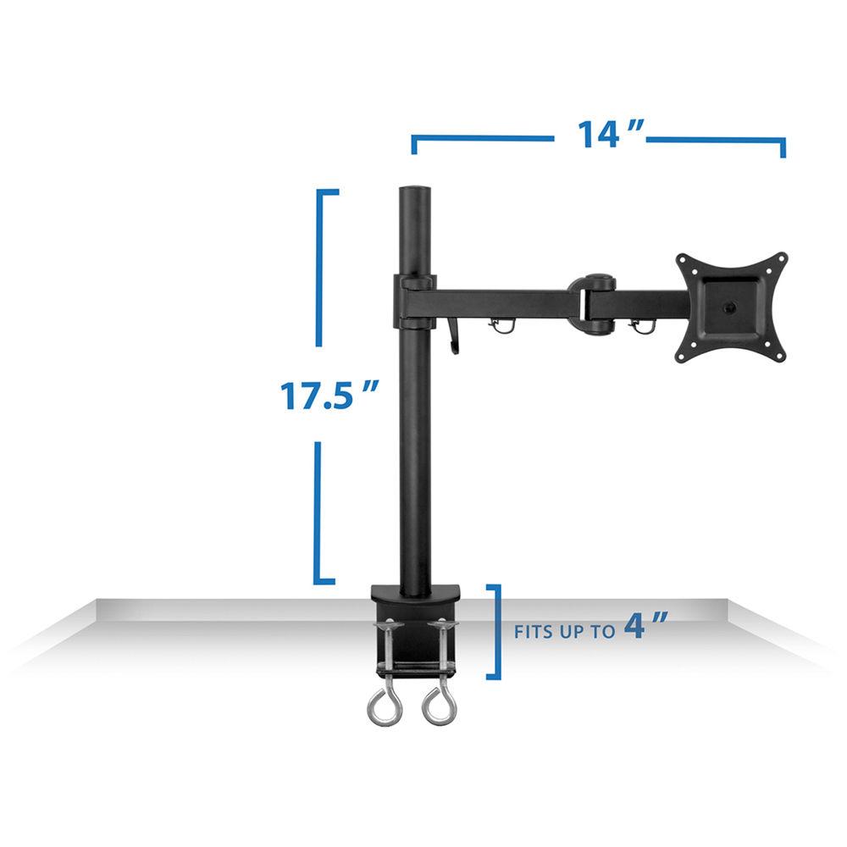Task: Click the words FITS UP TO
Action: tap(565, 632)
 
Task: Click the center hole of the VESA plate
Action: tap(731, 307)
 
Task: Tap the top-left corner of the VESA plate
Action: tap(682, 259)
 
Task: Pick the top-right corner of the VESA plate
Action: tap(781, 257)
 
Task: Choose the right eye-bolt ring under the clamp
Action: tap(438, 705)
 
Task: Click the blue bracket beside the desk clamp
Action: tap(496, 631)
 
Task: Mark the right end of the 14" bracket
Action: tap(783, 147)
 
